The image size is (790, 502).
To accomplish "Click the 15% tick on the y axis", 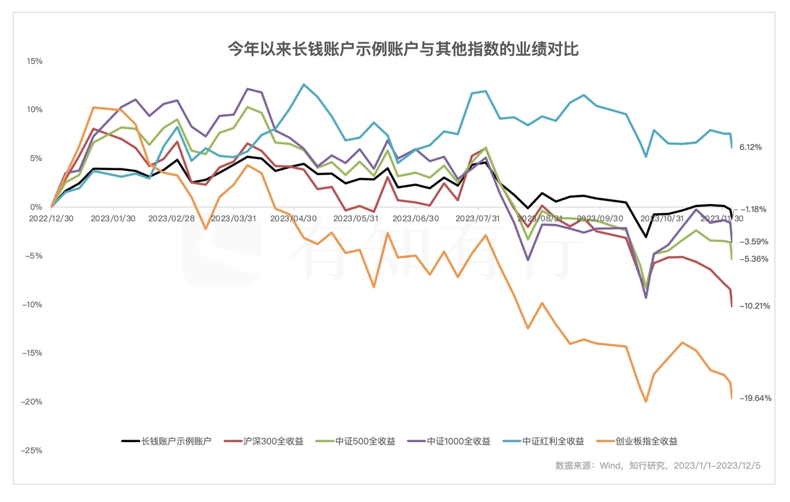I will pyautogui.click(x=33, y=61).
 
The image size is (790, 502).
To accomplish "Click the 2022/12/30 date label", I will pyautogui.click(x=51, y=218).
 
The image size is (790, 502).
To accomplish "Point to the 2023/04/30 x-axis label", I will pyautogui.click(x=294, y=218).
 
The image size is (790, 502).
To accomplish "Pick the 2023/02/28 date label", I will pyautogui.click(x=172, y=218).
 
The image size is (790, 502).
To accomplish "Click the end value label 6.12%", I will pyautogui.click(x=750, y=147).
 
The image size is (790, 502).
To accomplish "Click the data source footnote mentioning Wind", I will pyautogui.click(x=657, y=466).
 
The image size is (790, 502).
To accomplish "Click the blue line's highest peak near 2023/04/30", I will pyautogui.click(x=304, y=84).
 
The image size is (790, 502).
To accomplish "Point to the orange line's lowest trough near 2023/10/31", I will pyautogui.click(x=646, y=401).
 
